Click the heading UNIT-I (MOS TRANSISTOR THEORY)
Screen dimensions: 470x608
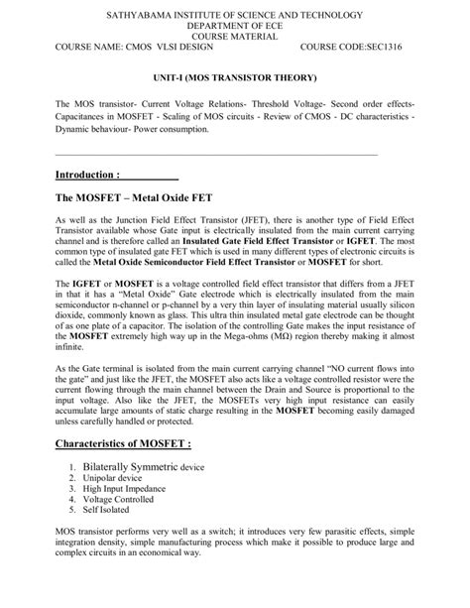[234, 77]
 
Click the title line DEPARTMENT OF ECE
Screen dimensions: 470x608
[234, 26]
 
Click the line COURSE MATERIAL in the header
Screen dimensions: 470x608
[234, 36]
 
